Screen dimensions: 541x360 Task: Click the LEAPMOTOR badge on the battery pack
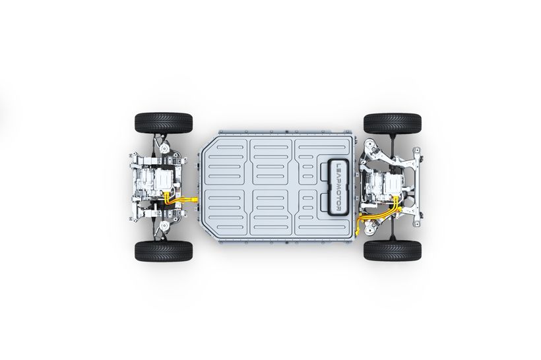(x=338, y=187)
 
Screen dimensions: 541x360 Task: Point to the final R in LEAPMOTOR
(x=338, y=209)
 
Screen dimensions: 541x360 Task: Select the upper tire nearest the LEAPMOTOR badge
(x=393, y=123)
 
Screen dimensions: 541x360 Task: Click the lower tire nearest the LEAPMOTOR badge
(x=393, y=251)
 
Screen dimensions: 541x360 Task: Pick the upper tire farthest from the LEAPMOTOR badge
(x=164, y=123)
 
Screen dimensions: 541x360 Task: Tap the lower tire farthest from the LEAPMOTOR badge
(x=164, y=251)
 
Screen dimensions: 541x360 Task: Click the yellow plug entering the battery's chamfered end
(x=194, y=199)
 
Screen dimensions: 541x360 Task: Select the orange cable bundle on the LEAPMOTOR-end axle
(x=379, y=213)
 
